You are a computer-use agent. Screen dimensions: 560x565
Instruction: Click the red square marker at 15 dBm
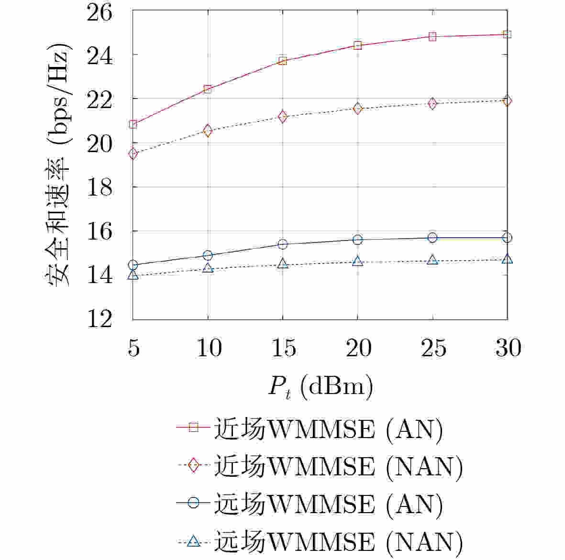point(283,61)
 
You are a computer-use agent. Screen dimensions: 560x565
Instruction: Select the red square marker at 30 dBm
point(508,34)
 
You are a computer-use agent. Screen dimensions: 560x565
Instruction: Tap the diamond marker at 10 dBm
point(208,130)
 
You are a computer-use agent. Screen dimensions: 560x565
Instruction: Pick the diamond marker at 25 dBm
point(432,103)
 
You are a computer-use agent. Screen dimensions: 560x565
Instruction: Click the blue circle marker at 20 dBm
point(357,240)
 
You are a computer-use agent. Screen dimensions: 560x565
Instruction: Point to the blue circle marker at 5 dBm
point(133,265)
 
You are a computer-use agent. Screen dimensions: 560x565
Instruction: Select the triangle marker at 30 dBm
point(508,259)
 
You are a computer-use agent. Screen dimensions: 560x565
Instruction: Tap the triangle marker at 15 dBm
point(283,264)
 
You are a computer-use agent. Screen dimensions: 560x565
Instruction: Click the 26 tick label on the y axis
point(99,12)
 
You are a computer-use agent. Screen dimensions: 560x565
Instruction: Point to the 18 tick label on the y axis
point(99,187)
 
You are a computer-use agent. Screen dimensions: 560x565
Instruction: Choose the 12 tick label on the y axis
point(99,319)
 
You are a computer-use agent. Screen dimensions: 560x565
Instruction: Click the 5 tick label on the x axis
point(133,348)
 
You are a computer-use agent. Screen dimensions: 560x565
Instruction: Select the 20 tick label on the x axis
point(358,348)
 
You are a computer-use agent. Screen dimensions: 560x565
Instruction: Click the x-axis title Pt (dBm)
point(320,386)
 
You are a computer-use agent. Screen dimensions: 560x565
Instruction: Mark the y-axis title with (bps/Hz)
point(60,165)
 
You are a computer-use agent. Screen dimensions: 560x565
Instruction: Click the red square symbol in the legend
point(193,427)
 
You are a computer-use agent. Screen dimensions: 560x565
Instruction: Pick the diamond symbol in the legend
point(193,465)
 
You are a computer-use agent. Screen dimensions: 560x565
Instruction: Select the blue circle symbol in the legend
point(193,503)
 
